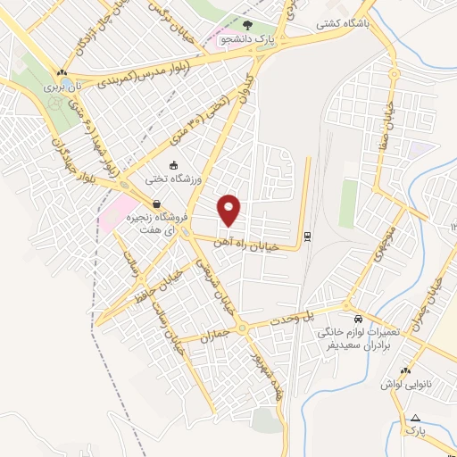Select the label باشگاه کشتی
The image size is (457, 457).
pos(340,26)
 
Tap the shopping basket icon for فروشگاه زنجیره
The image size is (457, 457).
pos(157,204)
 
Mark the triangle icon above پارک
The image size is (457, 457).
pos(413,417)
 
